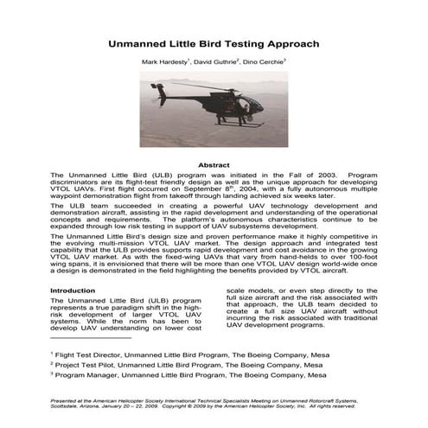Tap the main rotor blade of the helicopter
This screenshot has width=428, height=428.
(x=208, y=86)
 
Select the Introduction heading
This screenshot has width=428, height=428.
(x=73, y=291)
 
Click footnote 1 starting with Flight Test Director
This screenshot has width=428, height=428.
(x=172, y=354)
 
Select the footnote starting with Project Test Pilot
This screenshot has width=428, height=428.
(x=173, y=366)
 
